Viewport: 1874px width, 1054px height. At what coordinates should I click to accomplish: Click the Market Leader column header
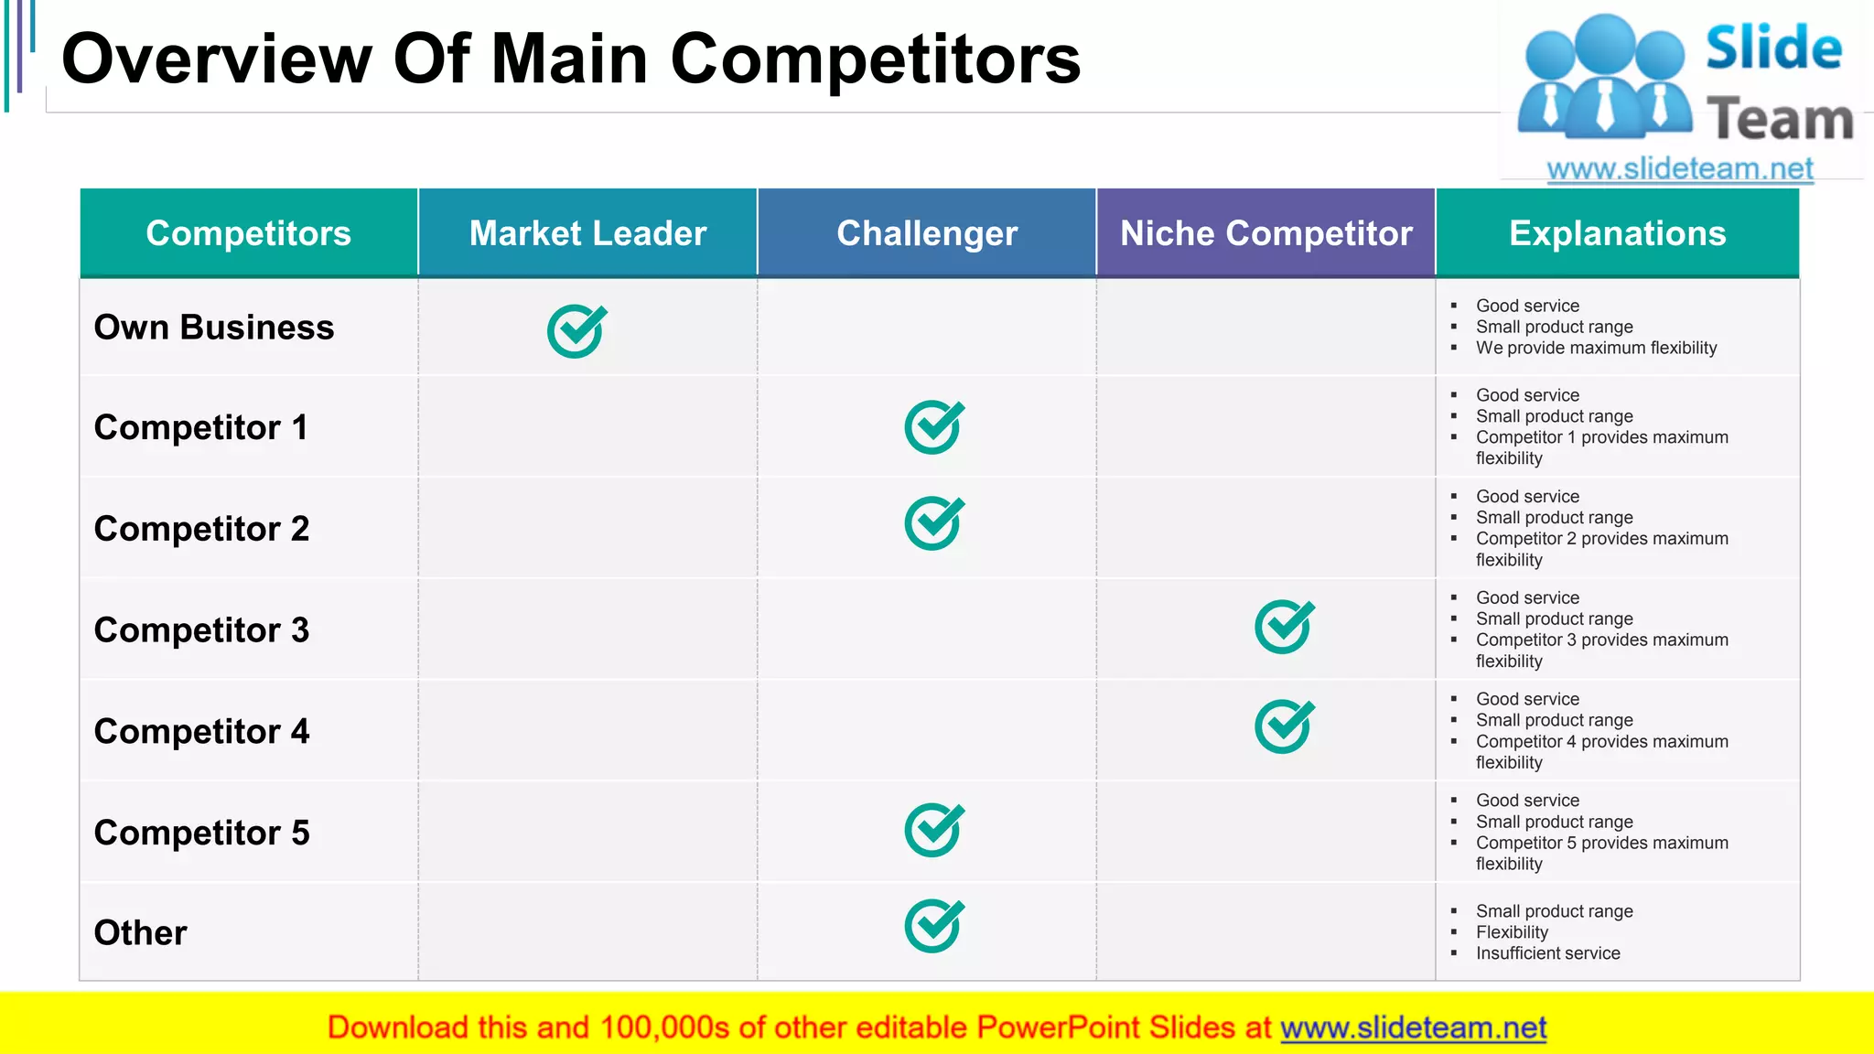pyautogui.click(x=587, y=233)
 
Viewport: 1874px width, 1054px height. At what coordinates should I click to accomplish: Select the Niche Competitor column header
pyautogui.click(x=1265, y=233)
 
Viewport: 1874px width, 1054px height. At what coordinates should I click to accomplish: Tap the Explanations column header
pyautogui.click(x=1617, y=233)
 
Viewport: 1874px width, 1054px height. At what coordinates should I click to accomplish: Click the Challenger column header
pyautogui.click(x=927, y=233)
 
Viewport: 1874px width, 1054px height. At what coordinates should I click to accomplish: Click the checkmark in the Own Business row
pyautogui.click(x=576, y=331)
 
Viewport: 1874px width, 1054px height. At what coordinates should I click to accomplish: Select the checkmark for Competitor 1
pyautogui.click(x=933, y=427)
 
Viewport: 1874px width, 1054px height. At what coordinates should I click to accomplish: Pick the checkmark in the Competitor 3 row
pyautogui.click(x=1284, y=627)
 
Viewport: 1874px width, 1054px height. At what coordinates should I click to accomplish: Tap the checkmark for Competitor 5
pyautogui.click(x=933, y=830)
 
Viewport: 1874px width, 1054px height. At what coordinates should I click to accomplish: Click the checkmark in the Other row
pyautogui.click(x=933, y=926)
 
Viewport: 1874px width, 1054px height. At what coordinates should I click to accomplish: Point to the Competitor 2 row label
pyautogui.click(x=201, y=529)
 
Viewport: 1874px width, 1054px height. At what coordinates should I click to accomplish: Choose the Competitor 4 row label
pyautogui.click(x=201, y=732)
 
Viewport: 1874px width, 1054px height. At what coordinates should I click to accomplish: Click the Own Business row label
pyautogui.click(x=214, y=328)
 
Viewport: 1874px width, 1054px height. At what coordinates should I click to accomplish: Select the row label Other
pyautogui.click(x=140, y=933)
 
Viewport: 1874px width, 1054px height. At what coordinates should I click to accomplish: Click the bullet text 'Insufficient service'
pyautogui.click(x=1547, y=953)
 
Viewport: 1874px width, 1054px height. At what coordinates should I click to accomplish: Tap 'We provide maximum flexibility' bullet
pyautogui.click(x=1596, y=348)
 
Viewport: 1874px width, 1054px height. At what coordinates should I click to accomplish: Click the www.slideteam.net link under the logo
pyautogui.click(x=1679, y=168)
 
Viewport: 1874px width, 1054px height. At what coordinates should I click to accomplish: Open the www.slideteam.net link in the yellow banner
pyautogui.click(x=1413, y=1027)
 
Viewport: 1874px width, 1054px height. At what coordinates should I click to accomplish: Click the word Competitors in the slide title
pyautogui.click(x=875, y=59)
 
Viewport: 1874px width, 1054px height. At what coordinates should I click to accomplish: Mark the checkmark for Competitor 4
pyautogui.click(x=1284, y=727)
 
